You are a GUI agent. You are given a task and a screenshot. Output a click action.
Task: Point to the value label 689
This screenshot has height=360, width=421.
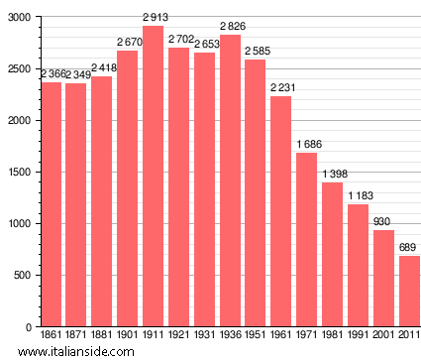(x=408, y=247)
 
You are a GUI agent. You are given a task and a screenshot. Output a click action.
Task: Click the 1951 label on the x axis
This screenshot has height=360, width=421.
(x=255, y=337)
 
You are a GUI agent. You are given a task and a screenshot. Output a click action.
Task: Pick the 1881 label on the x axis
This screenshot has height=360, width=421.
(x=101, y=337)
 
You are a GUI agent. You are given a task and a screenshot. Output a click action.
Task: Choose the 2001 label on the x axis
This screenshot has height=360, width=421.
(x=382, y=337)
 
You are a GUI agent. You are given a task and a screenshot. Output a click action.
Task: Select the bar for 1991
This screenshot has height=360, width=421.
(x=357, y=265)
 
